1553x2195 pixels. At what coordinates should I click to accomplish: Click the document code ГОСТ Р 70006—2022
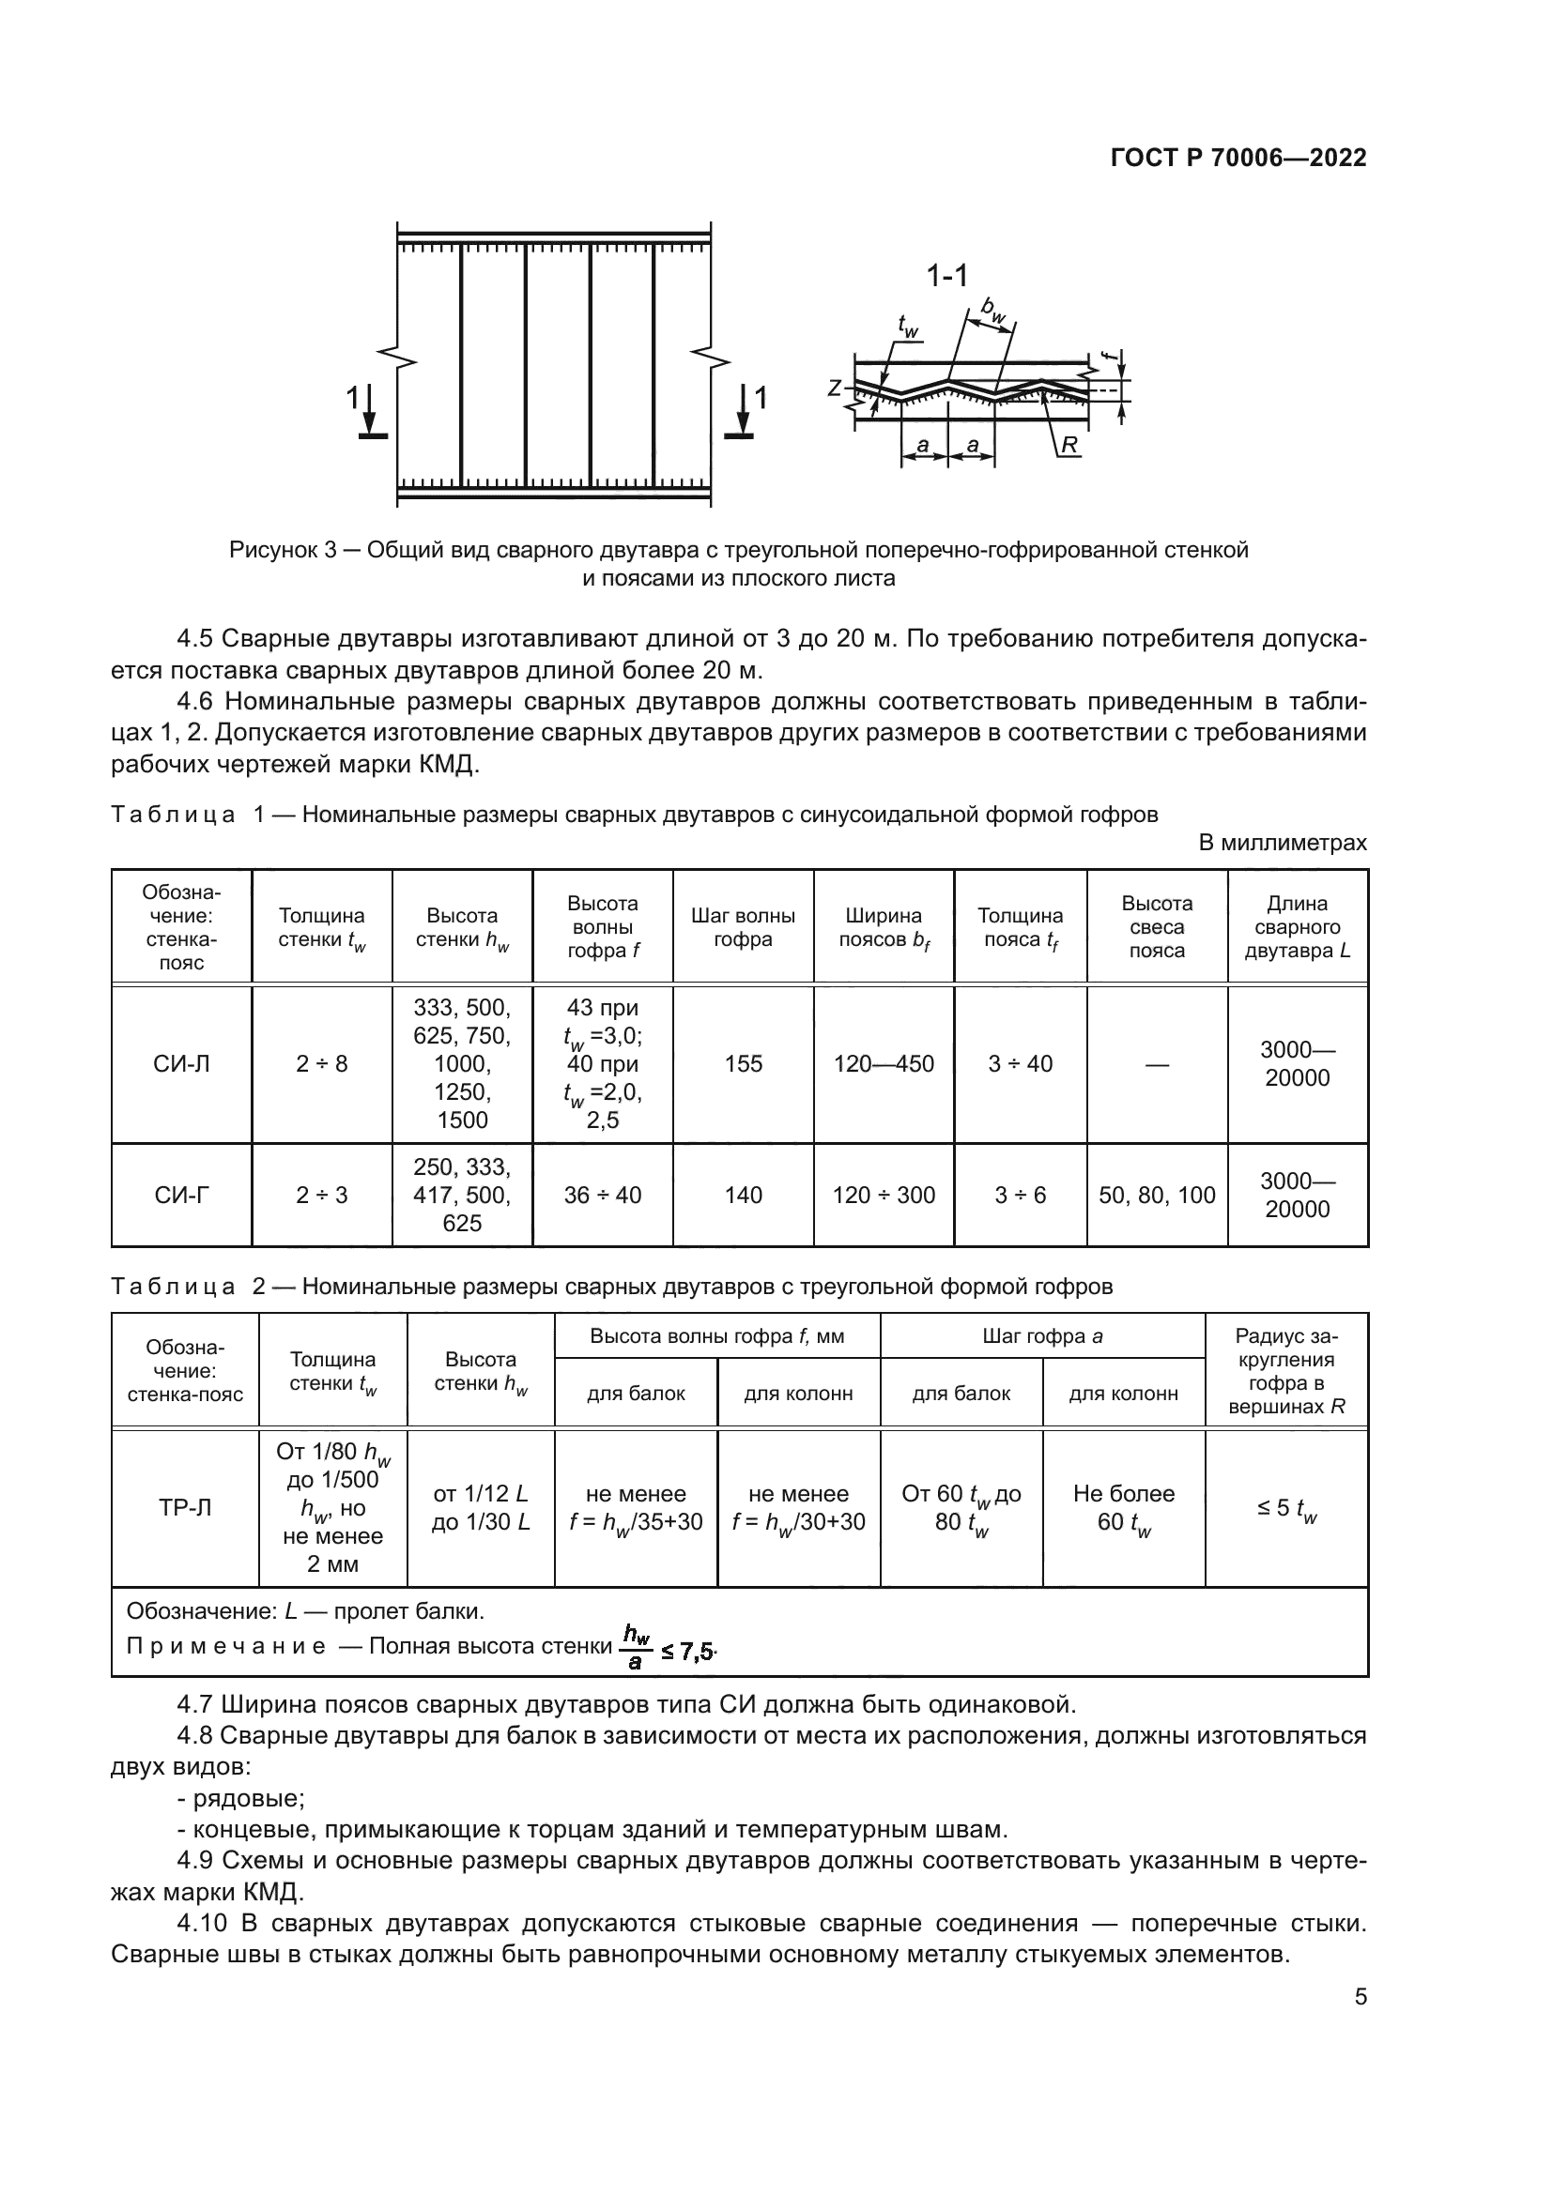pos(1238,159)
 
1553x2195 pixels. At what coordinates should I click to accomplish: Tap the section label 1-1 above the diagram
pos(946,276)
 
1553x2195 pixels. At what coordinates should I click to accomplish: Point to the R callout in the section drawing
pos(1069,445)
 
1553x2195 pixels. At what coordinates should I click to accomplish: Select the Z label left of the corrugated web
pos(835,389)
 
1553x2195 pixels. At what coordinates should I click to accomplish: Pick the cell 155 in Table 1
pos(743,1064)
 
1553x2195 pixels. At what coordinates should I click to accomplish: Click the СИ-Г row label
pos(182,1195)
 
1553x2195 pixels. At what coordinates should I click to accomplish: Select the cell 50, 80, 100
pos(1156,1195)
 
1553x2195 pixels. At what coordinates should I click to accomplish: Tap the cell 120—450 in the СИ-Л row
pos(884,1064)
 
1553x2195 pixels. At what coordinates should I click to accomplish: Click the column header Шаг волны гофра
pos(743,927)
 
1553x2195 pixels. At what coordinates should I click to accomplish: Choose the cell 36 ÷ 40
pos(603,1195)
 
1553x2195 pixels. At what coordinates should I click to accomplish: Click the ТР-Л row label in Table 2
pos(185,1508)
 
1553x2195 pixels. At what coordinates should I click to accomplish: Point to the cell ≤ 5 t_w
pos(1286,1509)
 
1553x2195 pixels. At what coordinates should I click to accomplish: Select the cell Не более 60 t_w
pos(1124,1508)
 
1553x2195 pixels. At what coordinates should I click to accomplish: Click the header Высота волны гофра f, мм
pos(716,1336)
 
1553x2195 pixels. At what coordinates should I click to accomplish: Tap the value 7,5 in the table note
pos(697,1651)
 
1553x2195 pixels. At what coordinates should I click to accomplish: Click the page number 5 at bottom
pos(1360,1997)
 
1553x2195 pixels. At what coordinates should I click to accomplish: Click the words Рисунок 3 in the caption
pos(282,550)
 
